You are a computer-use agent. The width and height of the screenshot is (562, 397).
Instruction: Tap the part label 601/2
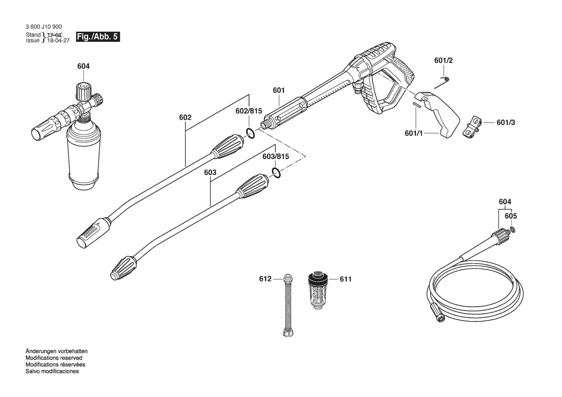click(x=443, y=61)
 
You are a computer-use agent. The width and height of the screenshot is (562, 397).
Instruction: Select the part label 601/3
click(x=506, y=123)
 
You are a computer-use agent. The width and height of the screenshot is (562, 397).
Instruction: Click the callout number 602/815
click(x=249, y=111)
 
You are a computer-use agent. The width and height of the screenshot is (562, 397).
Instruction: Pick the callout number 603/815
click(x=275, y=157)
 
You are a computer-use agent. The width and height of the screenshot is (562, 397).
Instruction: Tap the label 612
click(x=265, y=279)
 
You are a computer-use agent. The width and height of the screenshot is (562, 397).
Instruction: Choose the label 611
click(x=346, y=279)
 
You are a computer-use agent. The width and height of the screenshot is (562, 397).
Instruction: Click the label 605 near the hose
click(x=511, y=216)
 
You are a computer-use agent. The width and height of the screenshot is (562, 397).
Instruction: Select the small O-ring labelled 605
click(x=513, y=229)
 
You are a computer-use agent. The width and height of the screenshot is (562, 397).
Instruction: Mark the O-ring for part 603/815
click(x=275, y=173)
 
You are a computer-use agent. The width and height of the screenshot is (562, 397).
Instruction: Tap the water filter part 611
click(x=318, y=291)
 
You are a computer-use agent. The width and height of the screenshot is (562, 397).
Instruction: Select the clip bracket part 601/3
click(x=472, y=125)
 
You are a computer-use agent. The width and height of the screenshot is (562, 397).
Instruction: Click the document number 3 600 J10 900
click(x=43, y=27)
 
